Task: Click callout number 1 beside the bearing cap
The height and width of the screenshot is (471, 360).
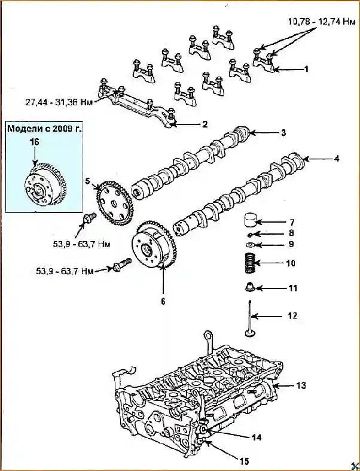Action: pyautogui.click(x=306, y=69)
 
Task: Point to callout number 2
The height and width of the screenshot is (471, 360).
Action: pyautogui.click(x=205, y=124)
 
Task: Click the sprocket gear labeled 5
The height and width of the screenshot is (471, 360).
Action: pyautogui.click(x=114, y=197)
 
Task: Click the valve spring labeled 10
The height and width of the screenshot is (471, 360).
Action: pyautogui.click(x=253, y=263)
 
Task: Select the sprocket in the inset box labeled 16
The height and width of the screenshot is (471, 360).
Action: pyautogui.click(x=45, y=186)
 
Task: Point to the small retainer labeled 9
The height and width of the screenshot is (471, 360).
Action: pyautogui.click(x=250, y=245)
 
